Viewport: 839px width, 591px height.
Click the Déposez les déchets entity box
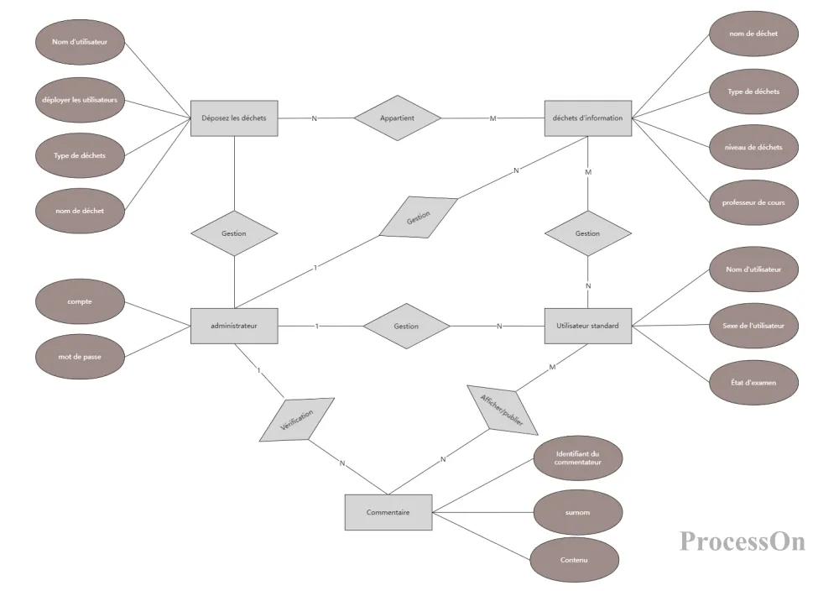pyautogui.click(x=234, y=118)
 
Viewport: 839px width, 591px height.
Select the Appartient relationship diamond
pyautogui.click(x=397, y=118)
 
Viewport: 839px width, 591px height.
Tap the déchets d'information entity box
pyautogui.click(x=587, y=118)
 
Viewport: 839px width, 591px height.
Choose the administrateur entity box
pyautogui.click(x=234, y=326)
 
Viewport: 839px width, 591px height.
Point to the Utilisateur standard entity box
pyautogui.click(x=587, y=326)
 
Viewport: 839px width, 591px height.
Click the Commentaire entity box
pyautogui.click(x=388, y=512)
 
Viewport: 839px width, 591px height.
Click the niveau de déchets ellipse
pyautogui.click(x=752, y=147)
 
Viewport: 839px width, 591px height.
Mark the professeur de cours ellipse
pyautogui.click(x=752, y=202)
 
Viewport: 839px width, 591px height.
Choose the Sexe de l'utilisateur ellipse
pyautogui.click(x=753, y=326)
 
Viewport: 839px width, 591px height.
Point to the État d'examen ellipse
pyautogui.click(x=753, y=382)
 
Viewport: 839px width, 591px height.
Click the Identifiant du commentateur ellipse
pyautogui.click(x=577, y=458)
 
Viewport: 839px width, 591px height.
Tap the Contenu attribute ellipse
pyautogui.click(x=574, y=560)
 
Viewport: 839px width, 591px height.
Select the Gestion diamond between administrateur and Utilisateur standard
pyautogui.click(x=406, y=326)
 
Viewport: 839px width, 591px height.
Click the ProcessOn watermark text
pyautogui.click(x=742, y=540)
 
